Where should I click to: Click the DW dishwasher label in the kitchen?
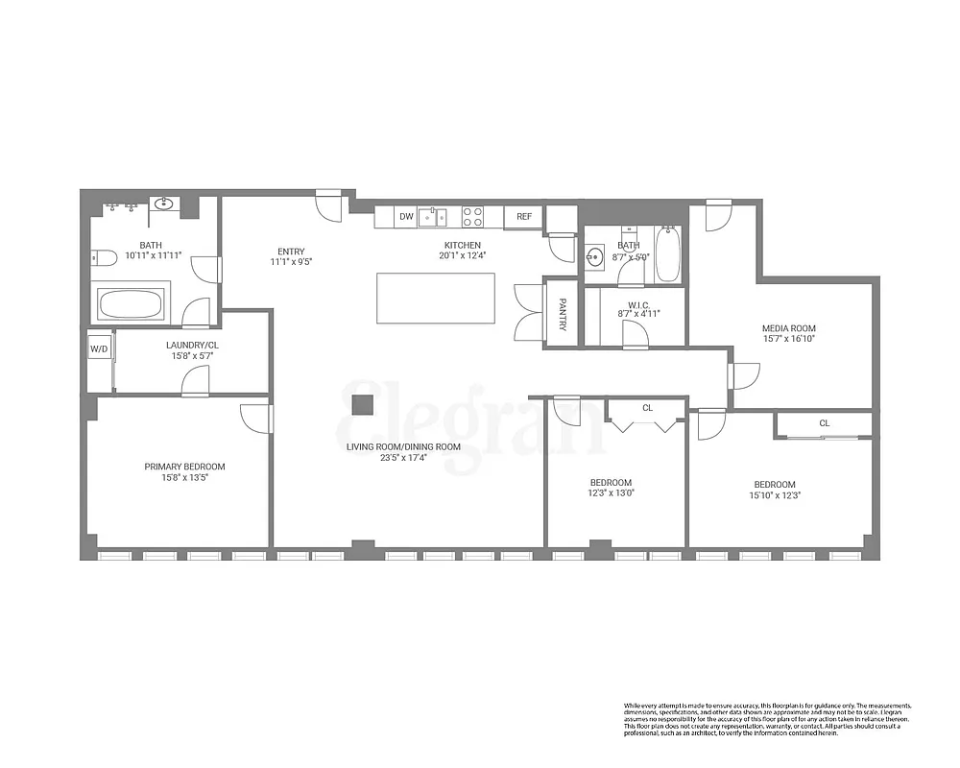[x=406, y=217]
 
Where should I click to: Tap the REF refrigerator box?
[x=524, y=217]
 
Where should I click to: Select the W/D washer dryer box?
[x=99, y=349]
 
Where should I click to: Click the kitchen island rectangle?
[x=436, y=299]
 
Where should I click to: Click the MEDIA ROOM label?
[x=788, y=328]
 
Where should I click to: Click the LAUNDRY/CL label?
[x=191, y=345]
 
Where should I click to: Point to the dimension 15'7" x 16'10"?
[x=788, y=339]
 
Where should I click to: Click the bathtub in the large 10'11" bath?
[x=132, y=305]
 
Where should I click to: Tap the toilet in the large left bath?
[x=104, y=256]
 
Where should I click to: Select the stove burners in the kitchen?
[x=472, y=217]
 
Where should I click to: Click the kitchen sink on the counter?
[x=433, y=216]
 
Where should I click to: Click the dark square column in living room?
[x=362, y=405]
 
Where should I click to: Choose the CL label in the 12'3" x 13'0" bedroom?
[x=647, y=408]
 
